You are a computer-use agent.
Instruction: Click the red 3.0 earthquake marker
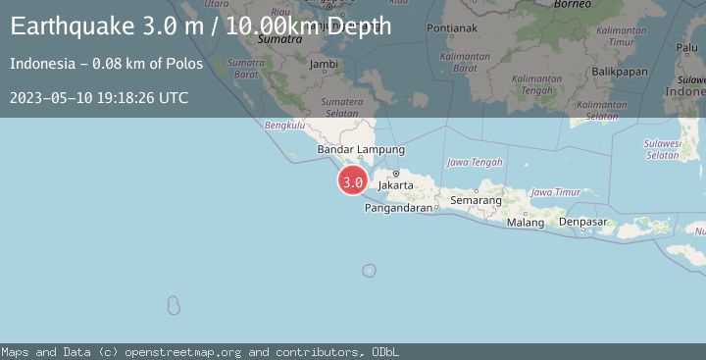pyautogui.click(x=353, y=181)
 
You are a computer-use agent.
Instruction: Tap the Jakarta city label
pyautogui.click(x=395, y=183)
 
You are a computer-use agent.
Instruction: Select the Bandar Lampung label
pyautogui.click(x=361, y=149)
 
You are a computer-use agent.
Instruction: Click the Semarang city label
pyautogui.click(x=476, y=200)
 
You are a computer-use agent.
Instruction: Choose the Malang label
pyautogui.click(x=526, y=223)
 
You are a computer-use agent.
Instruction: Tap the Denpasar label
pyautogui.click(x=583, y=223)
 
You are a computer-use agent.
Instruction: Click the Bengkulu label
pyautogui.click(x=285, y=126)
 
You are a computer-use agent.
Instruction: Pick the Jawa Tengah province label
pyautogui.click(x=475, y=162)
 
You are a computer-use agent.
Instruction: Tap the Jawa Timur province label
pyautogui.click(x=555, y=192)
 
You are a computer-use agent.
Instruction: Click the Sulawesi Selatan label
pyautogui.click(x=663, y=148)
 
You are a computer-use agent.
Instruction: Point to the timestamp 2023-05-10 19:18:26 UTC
pyautogui.click(x=99, y=98)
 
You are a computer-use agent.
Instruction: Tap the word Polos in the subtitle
pyautogui.click(x=185, y=64)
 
